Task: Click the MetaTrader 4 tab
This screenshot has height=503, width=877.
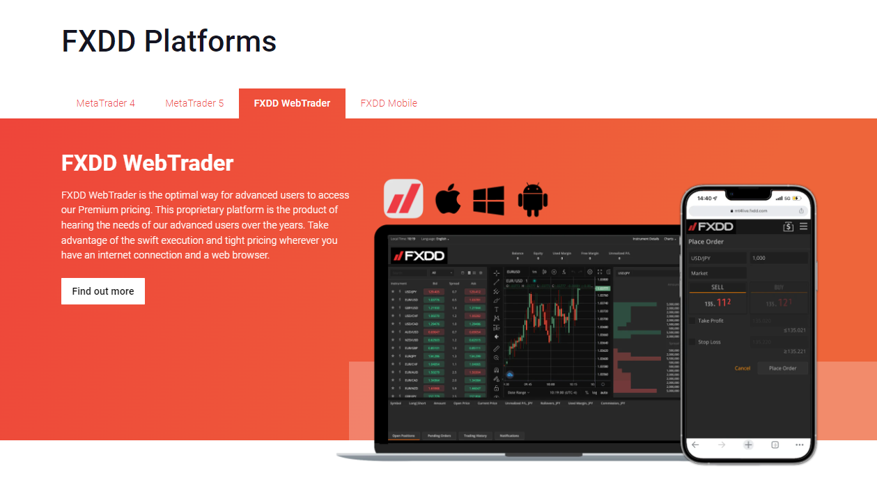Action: point(105,103)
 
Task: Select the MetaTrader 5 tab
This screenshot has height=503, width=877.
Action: point(194,103)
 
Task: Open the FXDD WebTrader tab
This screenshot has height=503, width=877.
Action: point(292,103)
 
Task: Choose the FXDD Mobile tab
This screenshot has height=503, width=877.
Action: point(389,103)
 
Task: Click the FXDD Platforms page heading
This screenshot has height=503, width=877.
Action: point(169,41)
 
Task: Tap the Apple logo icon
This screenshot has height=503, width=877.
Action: point(448,199)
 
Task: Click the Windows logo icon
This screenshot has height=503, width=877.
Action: point(488,200)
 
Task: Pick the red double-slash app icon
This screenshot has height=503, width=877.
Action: point(403,199)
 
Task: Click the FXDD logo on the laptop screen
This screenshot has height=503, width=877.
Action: point(419,255)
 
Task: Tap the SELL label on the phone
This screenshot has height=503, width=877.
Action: point(717,287)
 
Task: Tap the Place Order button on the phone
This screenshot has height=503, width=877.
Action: point(782,368)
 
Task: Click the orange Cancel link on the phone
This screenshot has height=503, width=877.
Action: point(743,368)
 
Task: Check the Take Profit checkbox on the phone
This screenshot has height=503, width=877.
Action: point(692,320)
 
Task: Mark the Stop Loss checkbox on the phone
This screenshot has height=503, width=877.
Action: point(692,342)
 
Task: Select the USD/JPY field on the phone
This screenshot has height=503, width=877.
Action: point(717,258)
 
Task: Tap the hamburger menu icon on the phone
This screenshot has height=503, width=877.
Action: point(803,226)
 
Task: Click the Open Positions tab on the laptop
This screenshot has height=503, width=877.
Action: point(403,435)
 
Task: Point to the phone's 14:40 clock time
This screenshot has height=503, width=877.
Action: point(704,198)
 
